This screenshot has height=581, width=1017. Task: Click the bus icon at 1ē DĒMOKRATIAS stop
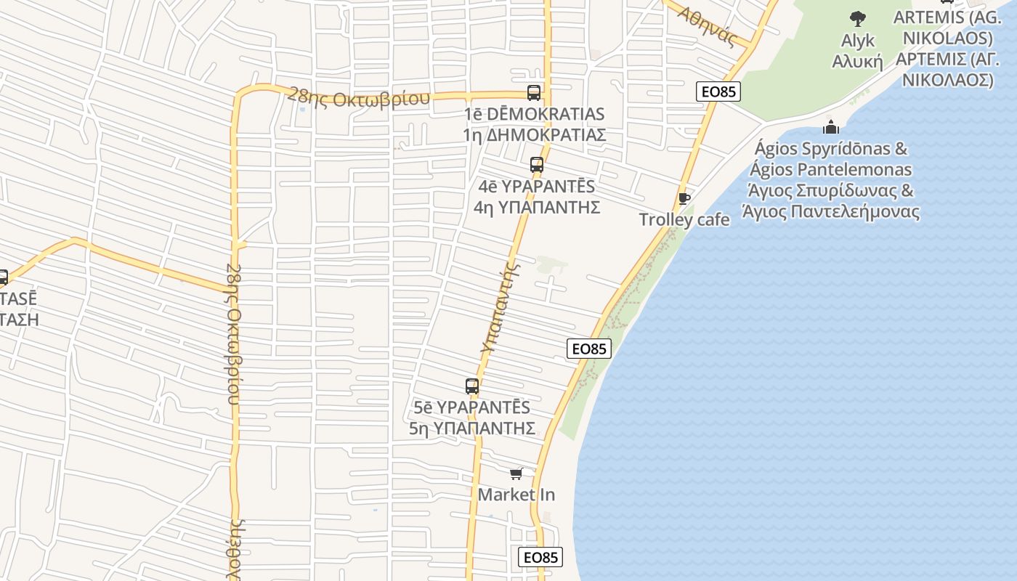pos(534,93)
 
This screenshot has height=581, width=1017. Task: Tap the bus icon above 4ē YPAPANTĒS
pos(537,165)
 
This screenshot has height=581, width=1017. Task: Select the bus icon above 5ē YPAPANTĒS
pos(472,386)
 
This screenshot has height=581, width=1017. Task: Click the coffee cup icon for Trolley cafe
pos(684,198)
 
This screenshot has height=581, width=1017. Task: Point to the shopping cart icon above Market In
pos(516,474)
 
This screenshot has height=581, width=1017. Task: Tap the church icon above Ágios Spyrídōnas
pos(831,127)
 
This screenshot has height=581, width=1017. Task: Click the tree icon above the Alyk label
pos(858,19)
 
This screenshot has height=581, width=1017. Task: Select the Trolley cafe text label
pos(684,219)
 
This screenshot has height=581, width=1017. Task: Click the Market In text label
pos(516,495)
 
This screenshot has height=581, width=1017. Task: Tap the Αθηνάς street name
pos(707,25)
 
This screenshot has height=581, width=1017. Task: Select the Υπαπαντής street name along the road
pos(502,308)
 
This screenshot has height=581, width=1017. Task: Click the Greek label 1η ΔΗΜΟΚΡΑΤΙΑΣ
pos(534,135)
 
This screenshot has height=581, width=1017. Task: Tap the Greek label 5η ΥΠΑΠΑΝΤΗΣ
pos(472,428)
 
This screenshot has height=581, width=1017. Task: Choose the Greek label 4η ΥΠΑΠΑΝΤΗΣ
pos(537,207)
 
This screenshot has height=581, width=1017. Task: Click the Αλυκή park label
pos(857,61)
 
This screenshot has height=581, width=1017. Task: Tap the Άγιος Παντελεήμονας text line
pos(831,212)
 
